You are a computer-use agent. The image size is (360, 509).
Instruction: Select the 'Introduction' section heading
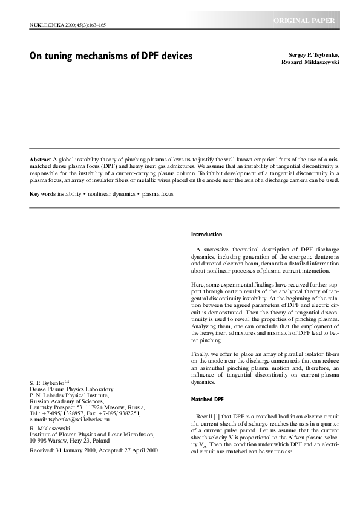[x=206, y=235]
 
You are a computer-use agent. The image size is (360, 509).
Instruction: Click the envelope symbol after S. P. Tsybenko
[x=67, y=381]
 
